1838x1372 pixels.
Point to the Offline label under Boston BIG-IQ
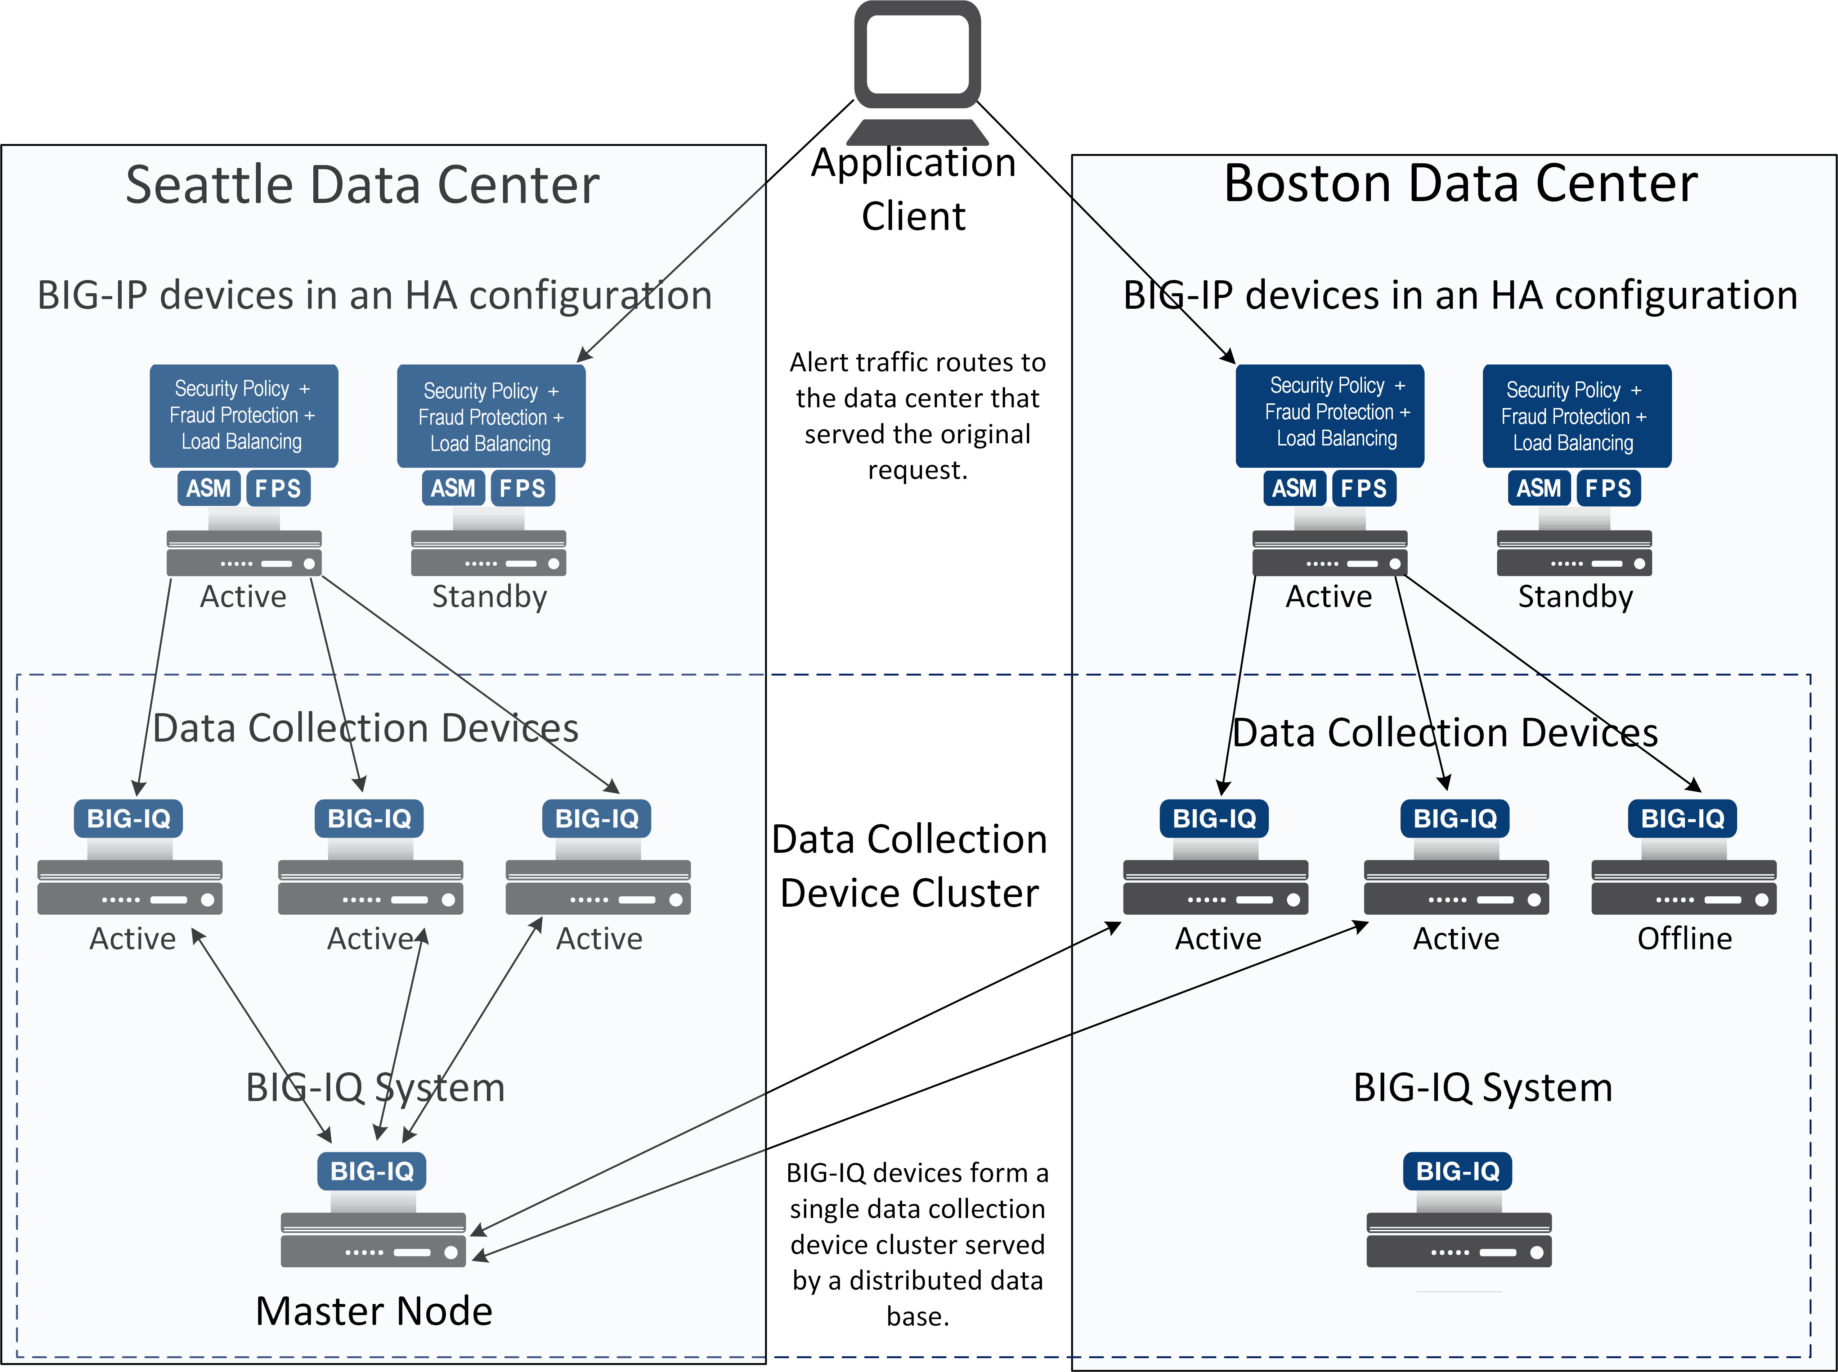(x=1684, y=938)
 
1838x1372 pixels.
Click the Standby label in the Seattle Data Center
(x=489, y=596)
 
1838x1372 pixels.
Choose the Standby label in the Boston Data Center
(x=1575, y=596)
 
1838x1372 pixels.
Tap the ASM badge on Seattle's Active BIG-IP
(x=209, y=488)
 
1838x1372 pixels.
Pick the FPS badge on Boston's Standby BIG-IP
(x=1608, y=488)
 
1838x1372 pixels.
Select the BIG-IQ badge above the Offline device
(x=1683, y=818)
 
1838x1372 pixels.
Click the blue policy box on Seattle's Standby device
(x=491, y=416)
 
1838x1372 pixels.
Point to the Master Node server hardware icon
(x=373, y=1240)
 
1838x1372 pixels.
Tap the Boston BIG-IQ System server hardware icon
(x=1459, y=1240)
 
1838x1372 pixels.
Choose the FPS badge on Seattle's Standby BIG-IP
(x=523, y=488)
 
